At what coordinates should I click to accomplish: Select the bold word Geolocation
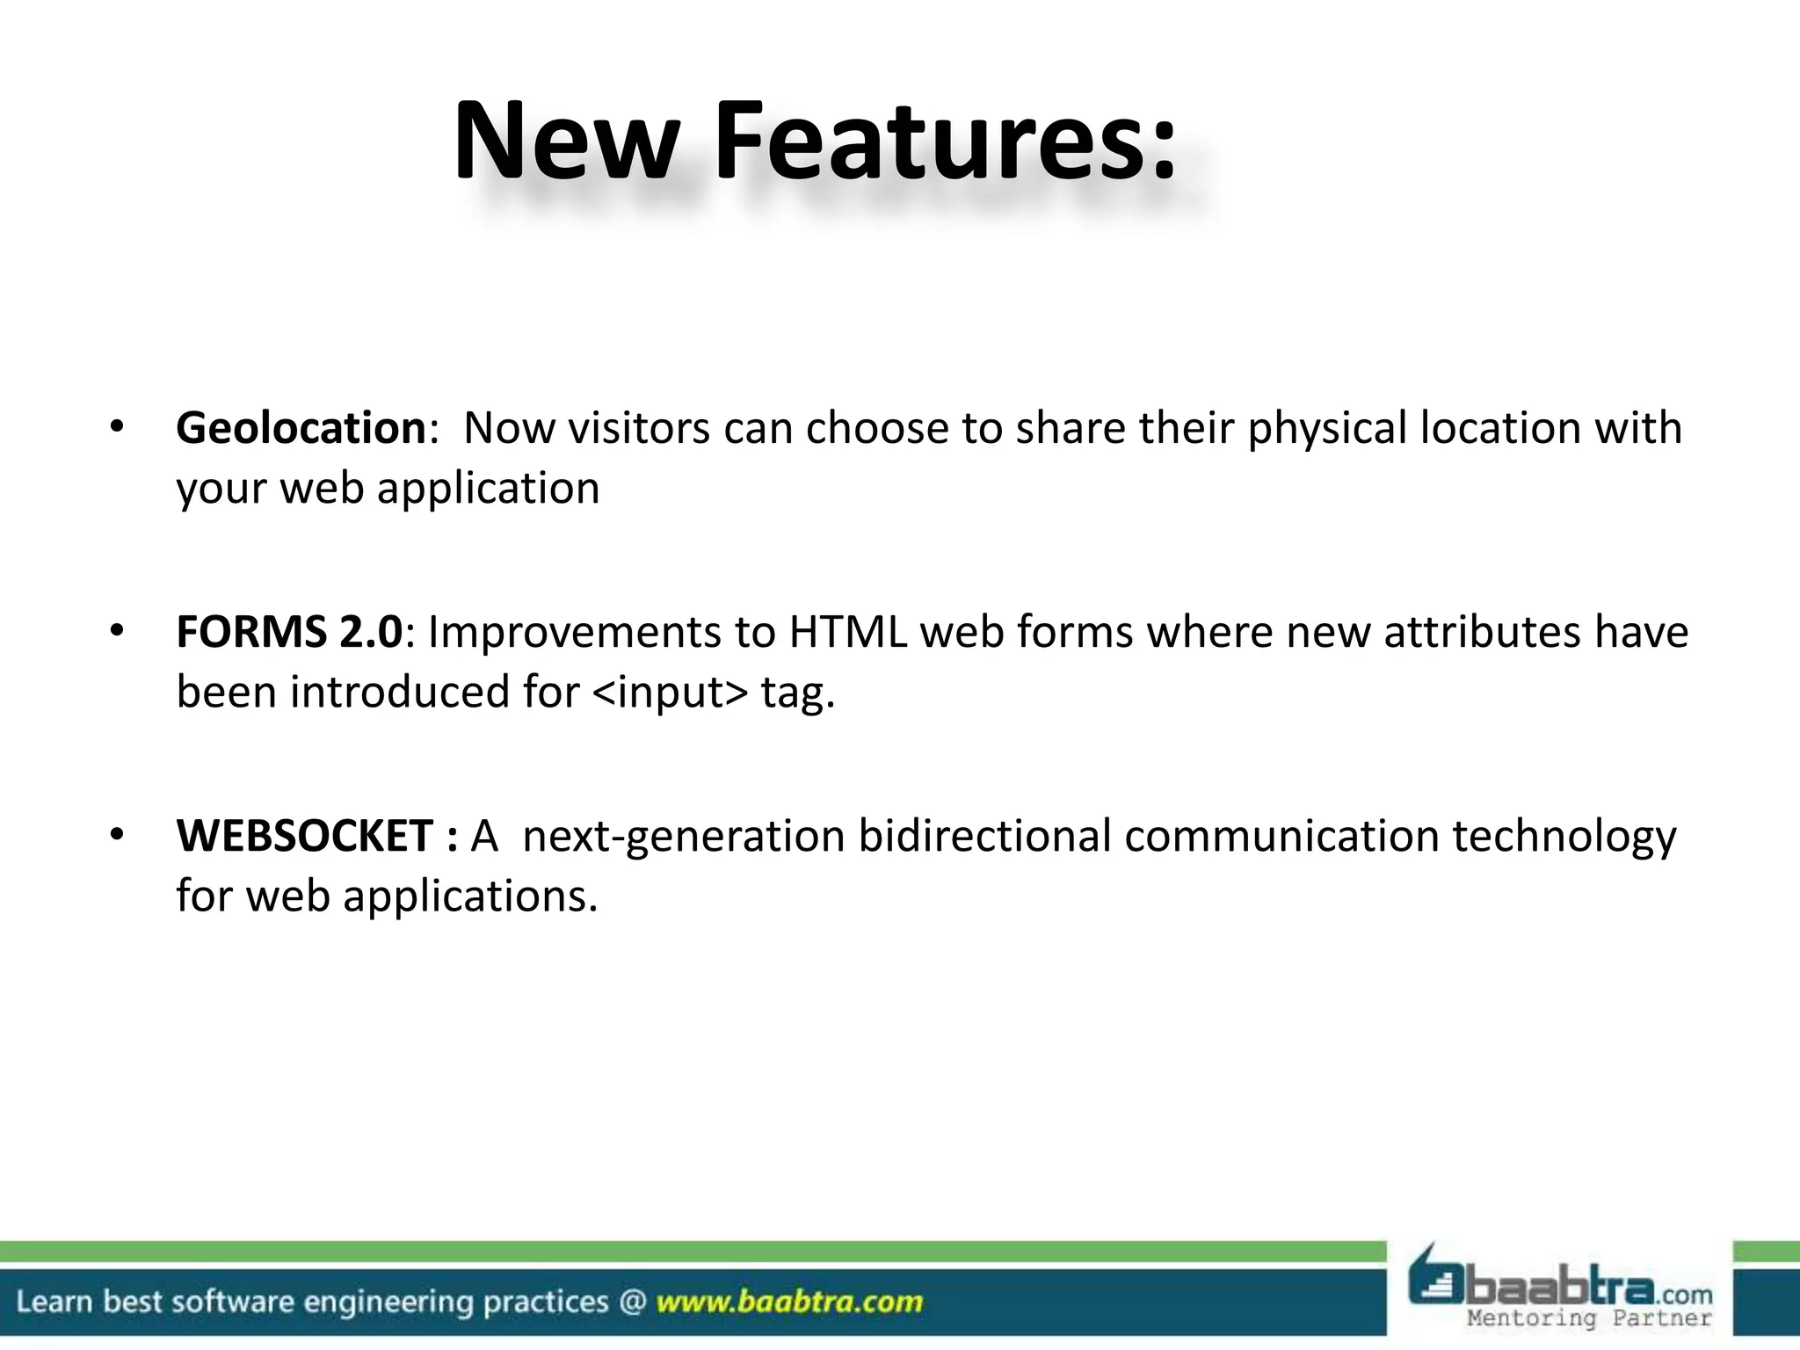(301, 428)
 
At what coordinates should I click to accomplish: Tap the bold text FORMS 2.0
(289, 632)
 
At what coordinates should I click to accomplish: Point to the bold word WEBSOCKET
(304, 836)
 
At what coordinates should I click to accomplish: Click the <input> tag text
(671, 692)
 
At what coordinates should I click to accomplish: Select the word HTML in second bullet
(847, 632)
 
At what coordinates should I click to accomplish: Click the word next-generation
(683, 836)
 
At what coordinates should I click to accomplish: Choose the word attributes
(1482, 632)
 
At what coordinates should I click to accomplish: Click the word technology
(1564, 836)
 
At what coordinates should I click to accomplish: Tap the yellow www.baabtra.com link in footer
(789, 1302)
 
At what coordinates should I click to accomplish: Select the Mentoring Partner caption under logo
(1589, 1318)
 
